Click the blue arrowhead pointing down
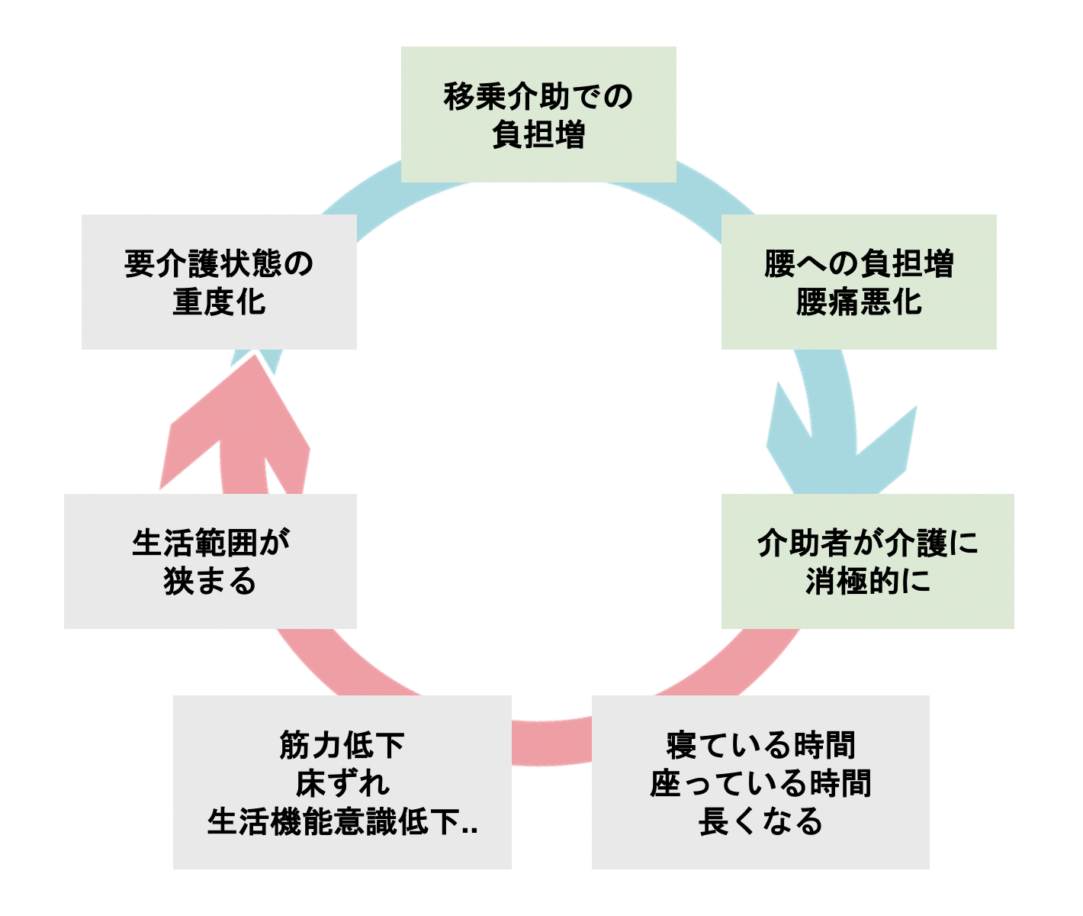[x=839, y=450]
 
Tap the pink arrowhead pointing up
[x=236, y=427]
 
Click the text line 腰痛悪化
[x=859, y=302]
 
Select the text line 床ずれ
[x=342, y=783]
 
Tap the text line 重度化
[x=219, y=302]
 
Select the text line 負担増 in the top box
[x=538, y=135]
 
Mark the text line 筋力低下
[x=342, y=745]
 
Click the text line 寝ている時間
[x=760, y=745]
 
